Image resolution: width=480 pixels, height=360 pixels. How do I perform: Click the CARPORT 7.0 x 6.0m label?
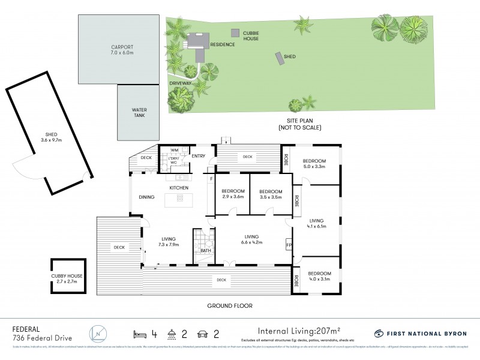[x=121, y=49]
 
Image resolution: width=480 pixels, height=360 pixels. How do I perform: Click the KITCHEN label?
[x=179, y=188]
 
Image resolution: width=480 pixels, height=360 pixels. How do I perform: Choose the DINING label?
[x=147, y=197]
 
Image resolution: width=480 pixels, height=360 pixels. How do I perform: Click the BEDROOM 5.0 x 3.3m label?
[x=314, y=164]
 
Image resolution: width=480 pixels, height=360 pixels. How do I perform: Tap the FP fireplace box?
[x=289, y=245]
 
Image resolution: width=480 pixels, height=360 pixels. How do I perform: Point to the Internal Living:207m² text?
[x=299, y=330]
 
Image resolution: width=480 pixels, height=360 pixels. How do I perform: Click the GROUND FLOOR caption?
[x=230, y=306]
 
